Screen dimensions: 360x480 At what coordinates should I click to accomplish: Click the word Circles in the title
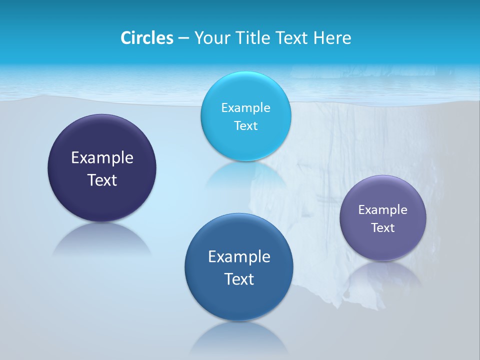[x=146, y=38]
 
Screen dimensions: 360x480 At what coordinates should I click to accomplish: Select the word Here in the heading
[x=332, y=38]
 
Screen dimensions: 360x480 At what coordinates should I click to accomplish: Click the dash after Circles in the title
[x=183, y=38]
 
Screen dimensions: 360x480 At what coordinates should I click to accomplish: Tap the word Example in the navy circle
[x=102, y=158]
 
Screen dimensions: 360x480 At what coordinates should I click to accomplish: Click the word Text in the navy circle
[x=102, y=180]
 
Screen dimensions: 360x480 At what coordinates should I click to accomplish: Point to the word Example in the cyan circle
[x=245, y=108]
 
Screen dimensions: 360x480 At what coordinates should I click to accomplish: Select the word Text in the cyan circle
[x=245, y=126]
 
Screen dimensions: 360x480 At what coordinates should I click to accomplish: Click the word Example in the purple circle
[x=383, y=210]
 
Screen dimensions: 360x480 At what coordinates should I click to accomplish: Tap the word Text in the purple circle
[x=383, y=228]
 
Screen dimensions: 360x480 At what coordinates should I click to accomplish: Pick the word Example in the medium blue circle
[x=239, y=257]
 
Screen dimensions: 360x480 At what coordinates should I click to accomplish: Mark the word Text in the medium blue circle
[x=239, y=279]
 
